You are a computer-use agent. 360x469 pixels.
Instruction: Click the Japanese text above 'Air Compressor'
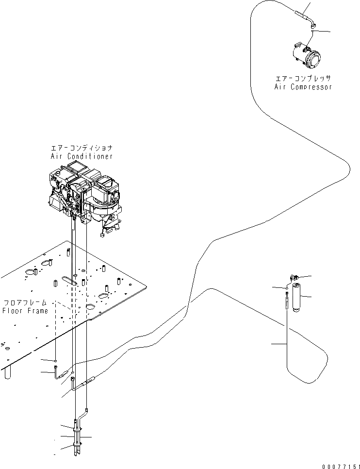pyautogui.click(x=303, y=78)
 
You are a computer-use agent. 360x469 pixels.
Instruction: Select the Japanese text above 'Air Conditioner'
pyautogui.click(x=82, y=148)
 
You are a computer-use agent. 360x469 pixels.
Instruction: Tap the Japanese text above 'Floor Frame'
pyautogui.click(x=25, y=302)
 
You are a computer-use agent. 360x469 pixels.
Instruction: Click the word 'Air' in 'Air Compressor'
pyautogui.click(x=280, y=87)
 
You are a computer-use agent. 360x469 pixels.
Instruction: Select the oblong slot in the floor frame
pyautogui.click(x=70, y=281)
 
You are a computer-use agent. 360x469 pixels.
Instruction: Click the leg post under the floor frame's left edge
pyautogui.click(x=6, y=373)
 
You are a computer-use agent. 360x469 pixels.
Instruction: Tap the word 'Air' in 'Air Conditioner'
pyautogui.click(x=57, y=156)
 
